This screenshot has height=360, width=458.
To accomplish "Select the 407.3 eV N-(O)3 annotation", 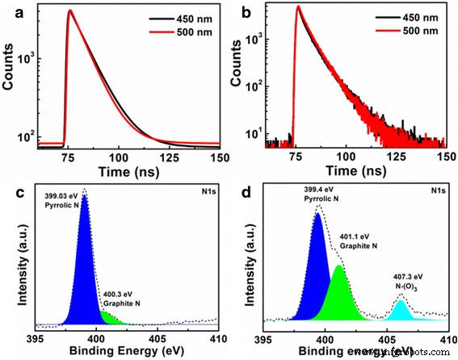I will [401, 283].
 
